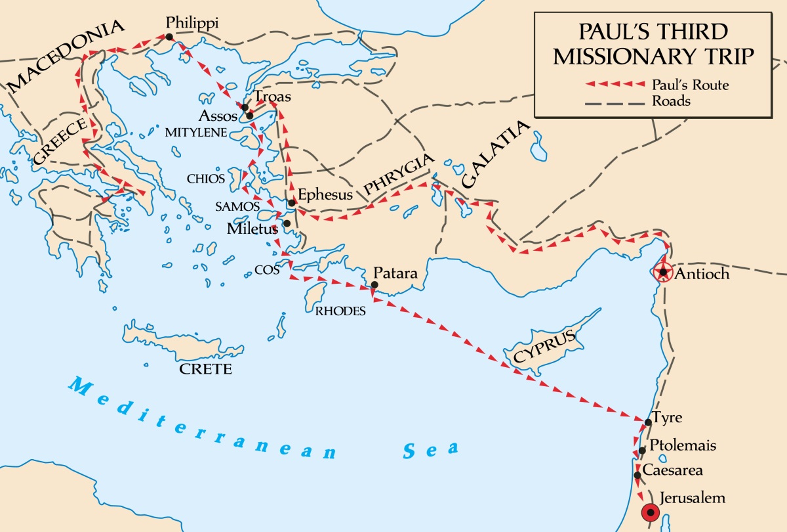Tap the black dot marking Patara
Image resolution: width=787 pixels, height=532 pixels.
(x=373, y=285)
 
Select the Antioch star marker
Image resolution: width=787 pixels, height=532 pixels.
(x=664, y=272)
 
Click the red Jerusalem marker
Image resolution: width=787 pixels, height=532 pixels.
(x=651, y=512)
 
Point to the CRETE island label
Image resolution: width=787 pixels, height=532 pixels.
(x=206, y=369)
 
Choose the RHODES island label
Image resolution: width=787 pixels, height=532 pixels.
(x=340, y=311)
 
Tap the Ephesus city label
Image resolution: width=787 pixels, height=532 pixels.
(x=325, y=194)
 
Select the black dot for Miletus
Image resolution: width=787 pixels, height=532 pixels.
(x=287, y=223)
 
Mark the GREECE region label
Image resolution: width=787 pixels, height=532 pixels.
(x=59, y=141)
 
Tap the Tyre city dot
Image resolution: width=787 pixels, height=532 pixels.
(x=648, y=422)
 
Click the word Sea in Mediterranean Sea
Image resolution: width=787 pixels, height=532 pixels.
(x=430, y=450)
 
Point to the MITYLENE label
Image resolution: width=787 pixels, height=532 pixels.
(x=196, y=132)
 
